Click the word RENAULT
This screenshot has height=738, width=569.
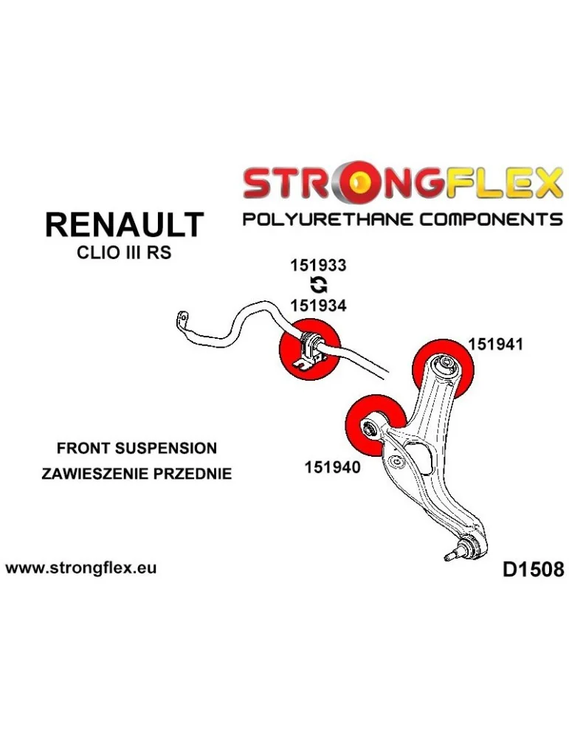124,224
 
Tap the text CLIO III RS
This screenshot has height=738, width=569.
124,252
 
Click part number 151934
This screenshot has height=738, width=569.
317,305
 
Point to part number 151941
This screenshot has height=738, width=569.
494,344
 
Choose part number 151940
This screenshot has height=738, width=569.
332,466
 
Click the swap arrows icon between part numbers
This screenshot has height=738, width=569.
317,286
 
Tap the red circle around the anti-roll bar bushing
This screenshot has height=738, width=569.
308,350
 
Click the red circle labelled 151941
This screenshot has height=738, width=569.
444,367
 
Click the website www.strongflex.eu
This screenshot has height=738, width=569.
81,568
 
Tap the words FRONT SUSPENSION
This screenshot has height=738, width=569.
137,448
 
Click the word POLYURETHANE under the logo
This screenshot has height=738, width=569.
320,220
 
